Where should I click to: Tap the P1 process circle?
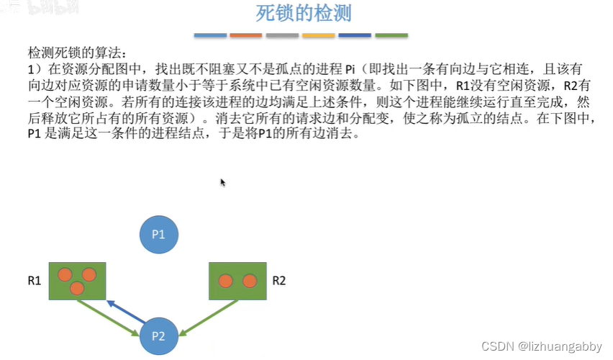coord(158,234)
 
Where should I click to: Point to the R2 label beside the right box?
coord(278,281)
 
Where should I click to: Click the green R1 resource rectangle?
coord(77,281)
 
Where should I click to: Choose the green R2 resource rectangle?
coord(237,281)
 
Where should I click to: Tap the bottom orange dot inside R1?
coord(77,289)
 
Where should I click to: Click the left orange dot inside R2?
coord(225,281)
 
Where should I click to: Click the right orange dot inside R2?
coord(249,281)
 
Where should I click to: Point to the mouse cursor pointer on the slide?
coord(223,183)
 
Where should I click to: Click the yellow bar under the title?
coord(318,35)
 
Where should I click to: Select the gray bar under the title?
coord(282,35)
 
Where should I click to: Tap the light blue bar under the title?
coord(210,35)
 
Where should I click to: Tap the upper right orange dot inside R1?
coord(89,274)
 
